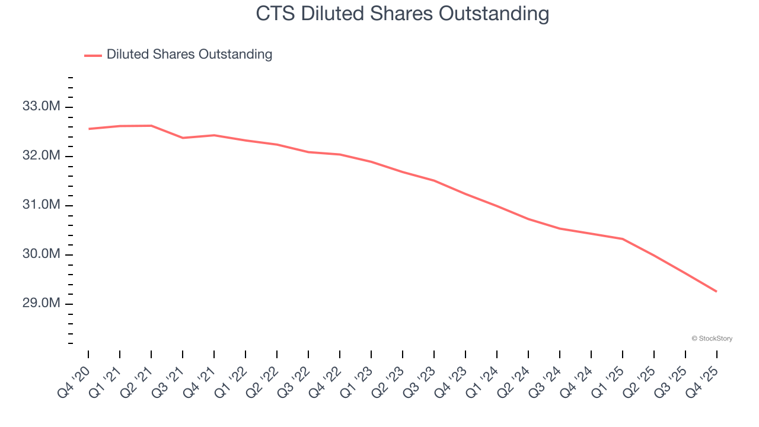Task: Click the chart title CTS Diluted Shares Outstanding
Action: (x=403, y=13)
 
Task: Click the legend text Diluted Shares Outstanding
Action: (x=189, y=55)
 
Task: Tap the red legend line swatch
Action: (x=93, y=55)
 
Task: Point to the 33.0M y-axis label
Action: (x=41, y=107)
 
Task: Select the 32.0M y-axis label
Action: (x=41, y=156)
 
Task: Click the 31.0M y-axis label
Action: (x=41, y=205)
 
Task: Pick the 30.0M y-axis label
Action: (x=41, y=254)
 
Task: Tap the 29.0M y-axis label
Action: (x=41, y=304)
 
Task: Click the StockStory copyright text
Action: (x=712, y=339)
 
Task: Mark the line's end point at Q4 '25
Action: (x=716, y=291)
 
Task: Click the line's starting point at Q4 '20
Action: (x=88, y=129)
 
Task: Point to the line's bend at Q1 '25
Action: (x=622, y=239)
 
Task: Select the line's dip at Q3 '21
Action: (x=183, y=138)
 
